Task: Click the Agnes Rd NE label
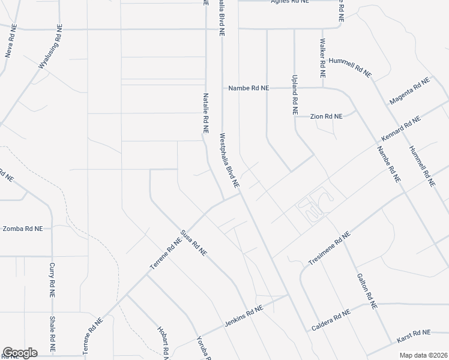(290, 2)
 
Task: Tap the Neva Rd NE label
(10, 41)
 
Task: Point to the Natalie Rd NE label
(205, 112)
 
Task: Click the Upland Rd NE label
(295, 95)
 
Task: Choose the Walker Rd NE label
(322, 59)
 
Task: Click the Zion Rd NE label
(326, 116)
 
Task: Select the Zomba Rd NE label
(23, 229)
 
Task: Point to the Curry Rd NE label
(52, 280)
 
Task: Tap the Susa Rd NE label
(194, 244)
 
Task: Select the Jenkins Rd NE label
(244, 316)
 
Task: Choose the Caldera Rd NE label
(331, 321)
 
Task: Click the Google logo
(20, 353)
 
